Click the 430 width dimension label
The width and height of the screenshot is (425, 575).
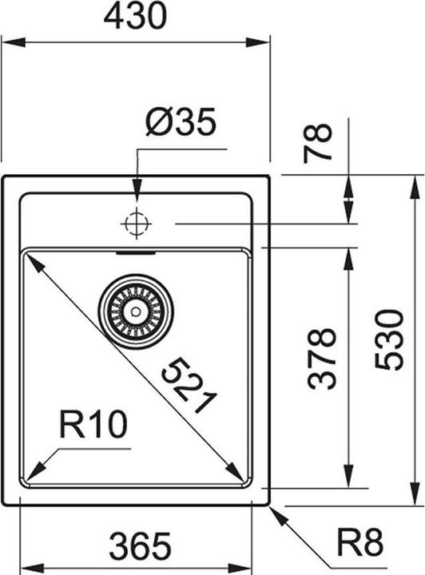click(136, 15)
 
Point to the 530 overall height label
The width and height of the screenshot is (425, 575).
click(391, 339)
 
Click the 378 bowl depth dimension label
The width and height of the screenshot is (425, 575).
click(322, 357)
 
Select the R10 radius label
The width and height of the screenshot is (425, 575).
click(93, 425)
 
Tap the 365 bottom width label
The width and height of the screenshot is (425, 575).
click(140, 546)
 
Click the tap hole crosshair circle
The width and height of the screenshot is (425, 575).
click(137, 224)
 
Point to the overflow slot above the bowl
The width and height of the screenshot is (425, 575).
click(136, 253)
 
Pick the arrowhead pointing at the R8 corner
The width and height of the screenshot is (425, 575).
click(277, 514)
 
